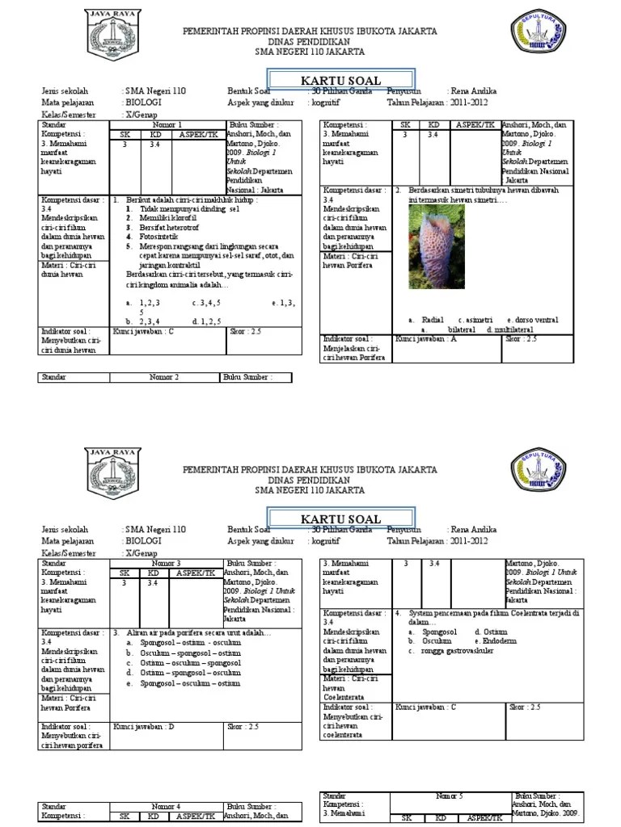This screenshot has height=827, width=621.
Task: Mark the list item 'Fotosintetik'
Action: (160, 237)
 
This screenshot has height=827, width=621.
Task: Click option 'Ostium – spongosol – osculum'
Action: (189, 672)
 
